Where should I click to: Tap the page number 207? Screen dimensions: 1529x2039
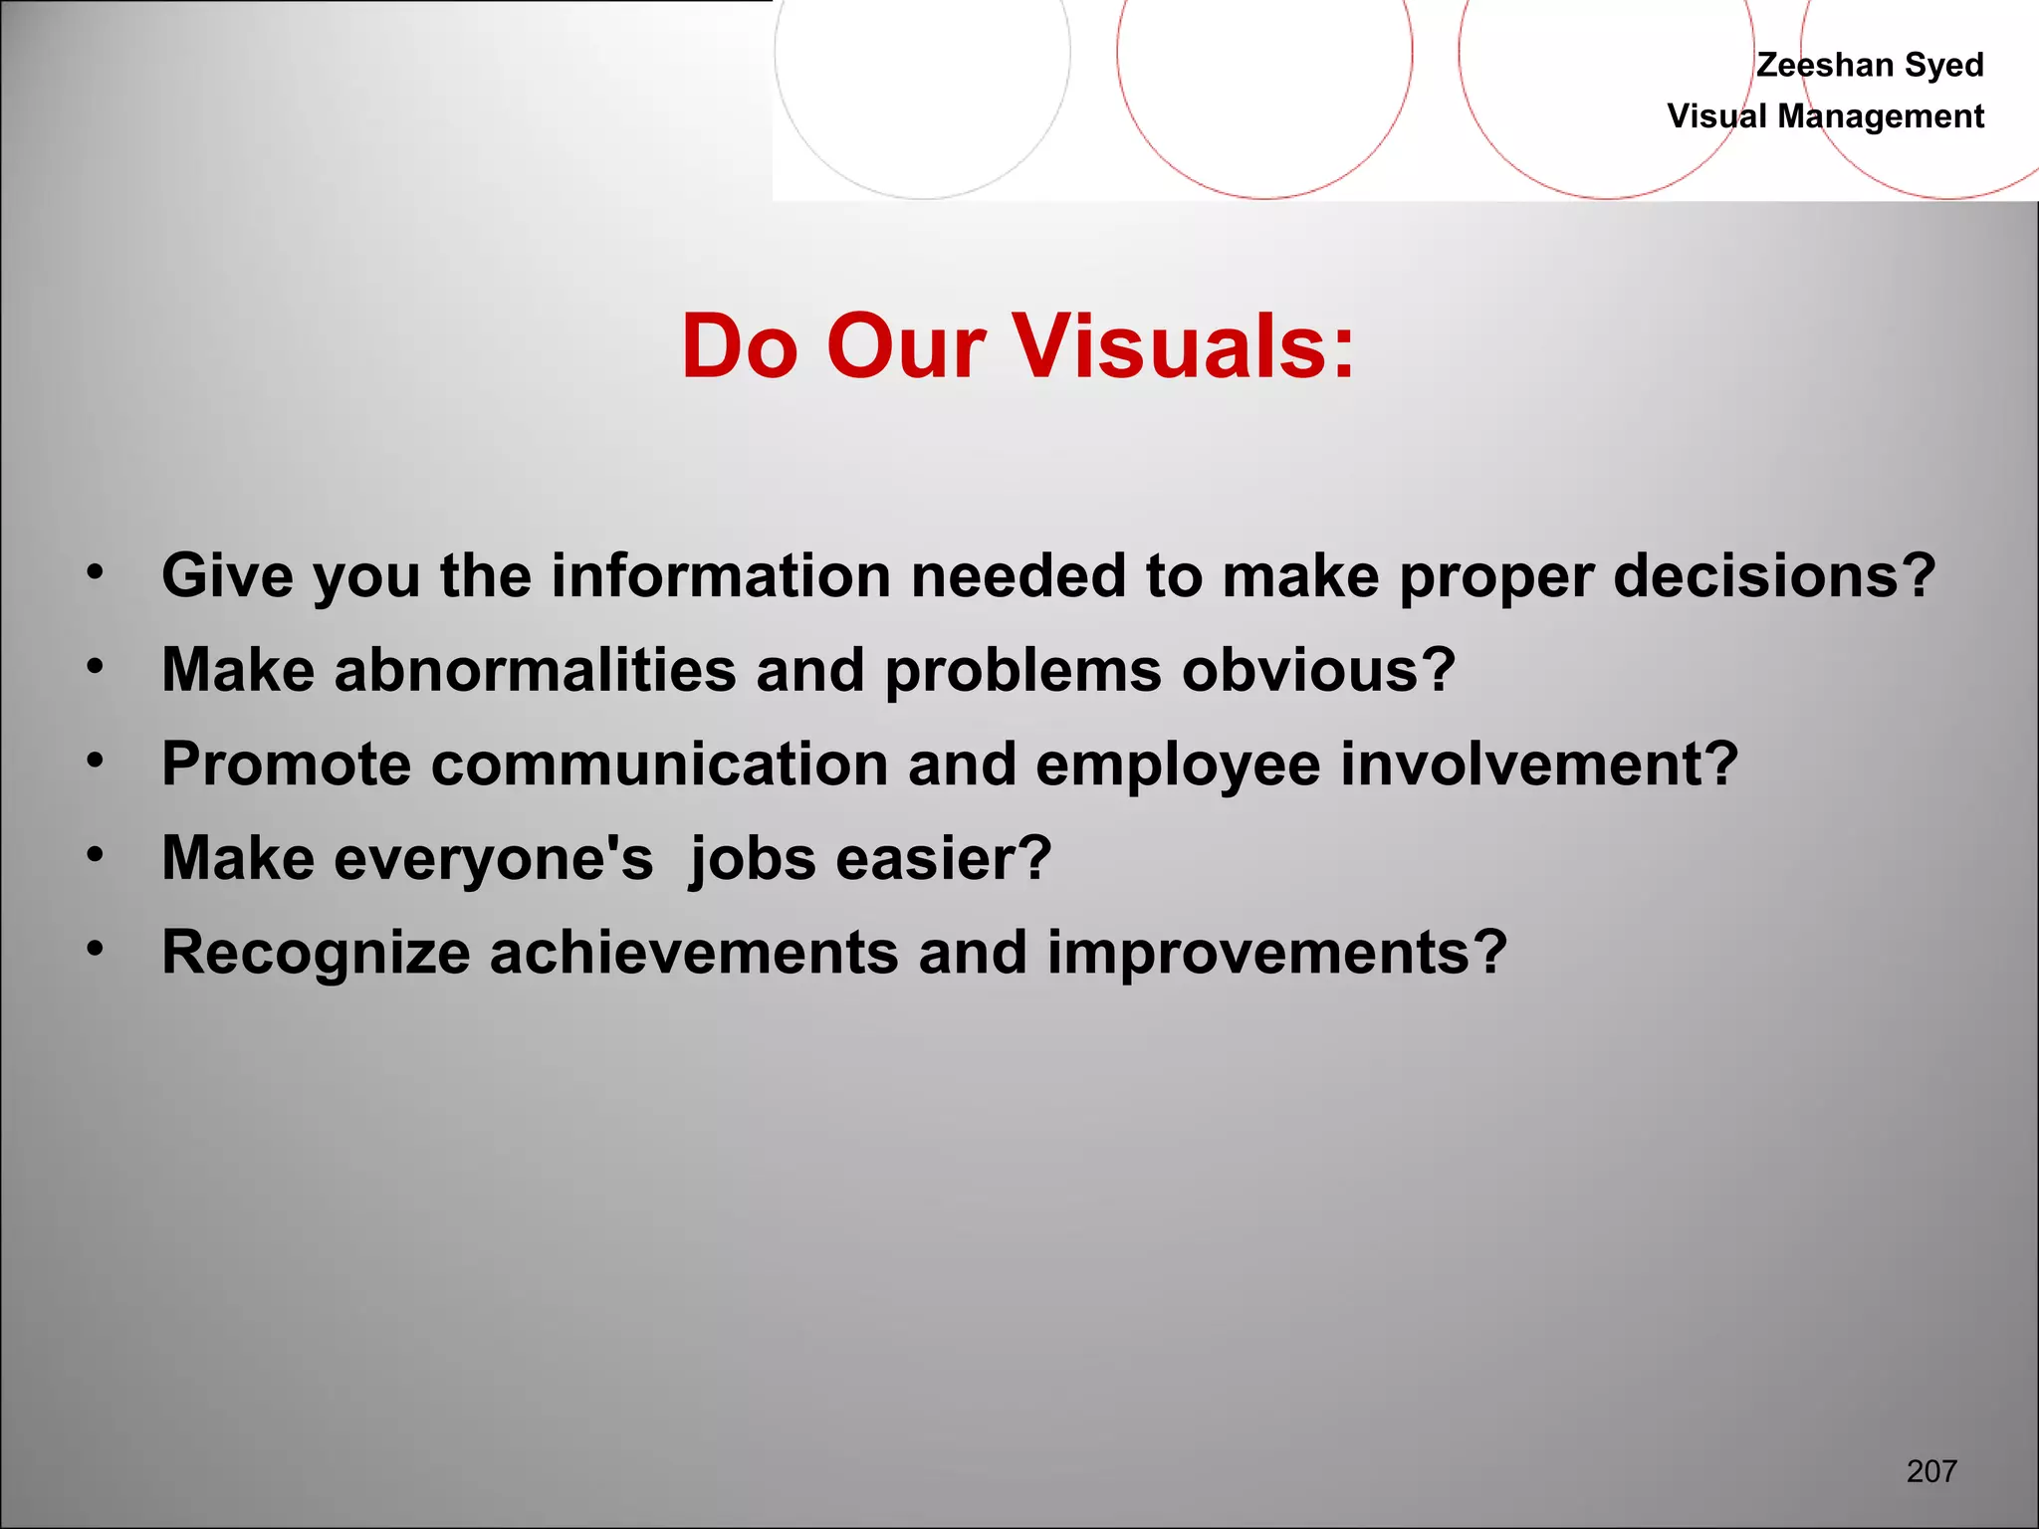(x=1931, y=1470)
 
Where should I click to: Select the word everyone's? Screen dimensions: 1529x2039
(x=494, y=858)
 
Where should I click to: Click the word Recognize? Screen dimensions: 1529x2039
(x=316, y=952)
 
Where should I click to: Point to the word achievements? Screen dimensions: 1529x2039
(x=694, y=952)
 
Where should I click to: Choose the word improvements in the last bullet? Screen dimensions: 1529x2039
(x=1276, y=952)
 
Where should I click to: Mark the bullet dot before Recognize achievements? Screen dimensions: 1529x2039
(x=95, y=949)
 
